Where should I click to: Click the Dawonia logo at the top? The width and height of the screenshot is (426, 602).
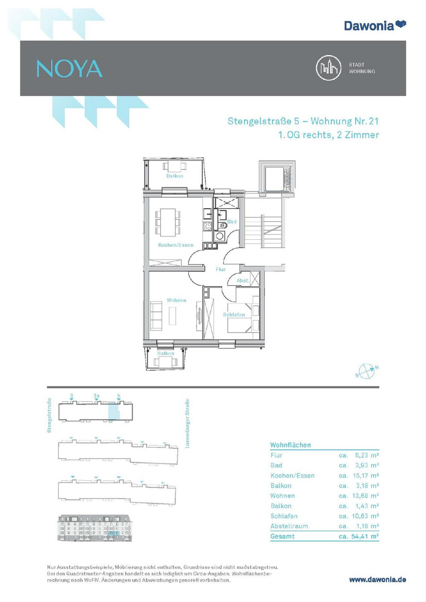(375, 25)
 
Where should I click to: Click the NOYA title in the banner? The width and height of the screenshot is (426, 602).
(70, 69)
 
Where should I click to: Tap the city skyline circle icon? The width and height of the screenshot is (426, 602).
(329, 68)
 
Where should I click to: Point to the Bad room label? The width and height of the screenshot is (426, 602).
(232, 222)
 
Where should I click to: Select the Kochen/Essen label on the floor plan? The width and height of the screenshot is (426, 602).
(176, 245)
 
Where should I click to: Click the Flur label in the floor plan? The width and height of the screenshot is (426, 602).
(220, 269)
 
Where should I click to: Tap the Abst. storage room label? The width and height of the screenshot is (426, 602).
(243, 280)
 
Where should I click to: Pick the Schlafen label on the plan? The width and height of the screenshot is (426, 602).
(234, 314)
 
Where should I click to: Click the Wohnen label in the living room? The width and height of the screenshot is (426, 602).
(176, 300)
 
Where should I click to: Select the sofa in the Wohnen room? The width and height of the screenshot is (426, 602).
(156, 316)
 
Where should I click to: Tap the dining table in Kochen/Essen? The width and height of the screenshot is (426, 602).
(168, 223)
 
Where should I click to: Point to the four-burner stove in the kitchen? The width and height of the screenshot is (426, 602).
(207, 226)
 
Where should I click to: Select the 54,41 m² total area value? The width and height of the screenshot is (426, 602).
(365, 536)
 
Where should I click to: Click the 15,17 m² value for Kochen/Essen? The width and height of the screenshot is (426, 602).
(366, 475)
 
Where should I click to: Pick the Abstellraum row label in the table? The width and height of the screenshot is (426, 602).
(289, 526)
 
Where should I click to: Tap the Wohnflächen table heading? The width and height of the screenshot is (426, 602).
(290, 445)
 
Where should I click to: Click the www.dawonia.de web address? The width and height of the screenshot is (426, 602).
(378, 580)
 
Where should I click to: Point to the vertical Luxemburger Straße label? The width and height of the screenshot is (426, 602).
(187, 423)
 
